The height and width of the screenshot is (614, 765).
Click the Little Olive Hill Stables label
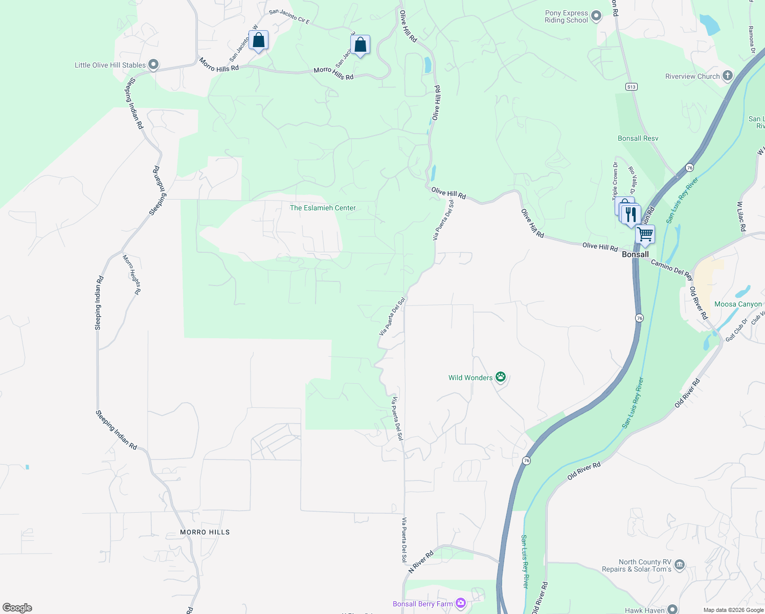coord(110,65)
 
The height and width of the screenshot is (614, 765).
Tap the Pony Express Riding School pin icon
coord(596,16)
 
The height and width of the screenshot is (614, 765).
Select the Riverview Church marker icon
coord(727,76)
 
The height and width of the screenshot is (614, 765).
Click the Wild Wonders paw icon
coord(501,378)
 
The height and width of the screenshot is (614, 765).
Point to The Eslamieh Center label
coord(323,208)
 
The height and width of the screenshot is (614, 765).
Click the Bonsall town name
coord(635,254)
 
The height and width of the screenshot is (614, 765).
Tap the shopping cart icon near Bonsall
coord(645,234)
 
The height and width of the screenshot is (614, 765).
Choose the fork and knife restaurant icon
coord(632,214)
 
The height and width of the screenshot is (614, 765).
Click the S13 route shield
coord(632,87)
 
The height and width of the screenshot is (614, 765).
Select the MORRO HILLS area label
coord(205,532)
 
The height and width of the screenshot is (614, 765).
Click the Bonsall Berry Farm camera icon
coord(461,604)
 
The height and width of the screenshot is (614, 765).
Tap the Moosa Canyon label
coord(738,304)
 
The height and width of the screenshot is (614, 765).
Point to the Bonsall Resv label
coord(638,138)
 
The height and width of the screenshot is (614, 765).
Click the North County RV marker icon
coord(680,565)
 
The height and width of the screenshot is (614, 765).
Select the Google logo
coord(17,608)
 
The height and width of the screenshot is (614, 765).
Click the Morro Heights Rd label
coord(132,275)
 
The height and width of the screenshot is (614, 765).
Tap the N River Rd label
coord(421,561)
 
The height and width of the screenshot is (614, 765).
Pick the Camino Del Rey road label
coord(672,269)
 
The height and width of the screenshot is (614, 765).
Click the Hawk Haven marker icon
coord(672,610)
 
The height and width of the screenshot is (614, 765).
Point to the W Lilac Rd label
coord(740,216)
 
